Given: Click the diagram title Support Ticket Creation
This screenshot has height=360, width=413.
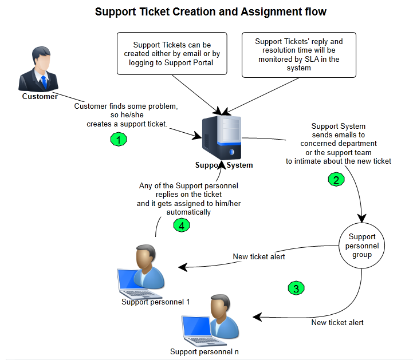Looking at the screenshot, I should (211, 11).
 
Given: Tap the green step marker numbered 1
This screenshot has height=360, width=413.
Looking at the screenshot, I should (118, 139).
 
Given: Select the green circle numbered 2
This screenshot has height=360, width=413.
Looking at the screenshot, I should (336, 179).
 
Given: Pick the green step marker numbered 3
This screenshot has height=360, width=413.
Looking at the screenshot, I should (296, 288).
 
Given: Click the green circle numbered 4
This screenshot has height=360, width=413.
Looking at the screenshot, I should (181, 226).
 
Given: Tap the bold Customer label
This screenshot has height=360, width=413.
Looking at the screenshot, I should (40, 96).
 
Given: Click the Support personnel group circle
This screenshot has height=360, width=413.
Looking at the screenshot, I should (362, 246).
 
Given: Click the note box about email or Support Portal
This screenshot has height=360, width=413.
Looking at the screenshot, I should (172, 54).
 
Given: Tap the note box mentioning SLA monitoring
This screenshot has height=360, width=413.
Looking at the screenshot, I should (298, 55).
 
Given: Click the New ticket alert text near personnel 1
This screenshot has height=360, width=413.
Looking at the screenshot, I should (259, 256).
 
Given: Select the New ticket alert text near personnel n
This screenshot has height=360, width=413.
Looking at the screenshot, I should (337, 322).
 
